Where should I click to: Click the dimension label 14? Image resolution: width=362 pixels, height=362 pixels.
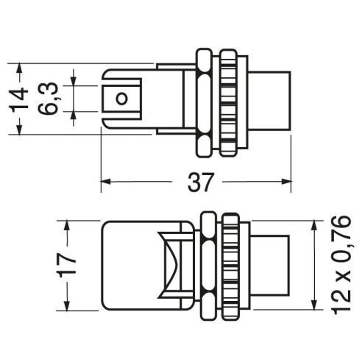coord(20,99)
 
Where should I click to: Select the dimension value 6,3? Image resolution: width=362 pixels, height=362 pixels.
coord(48,99)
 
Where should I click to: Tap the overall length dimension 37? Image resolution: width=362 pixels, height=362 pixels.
coord(200,182)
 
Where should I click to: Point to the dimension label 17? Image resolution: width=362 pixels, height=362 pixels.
coord(65,266)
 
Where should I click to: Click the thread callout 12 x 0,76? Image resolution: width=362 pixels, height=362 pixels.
coord(341,265)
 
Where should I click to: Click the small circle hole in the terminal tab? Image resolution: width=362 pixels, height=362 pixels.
coord(121,99)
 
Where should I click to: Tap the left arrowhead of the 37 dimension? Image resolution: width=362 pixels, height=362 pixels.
coord(106,182)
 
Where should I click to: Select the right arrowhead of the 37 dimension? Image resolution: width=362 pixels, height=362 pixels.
coord(286,182)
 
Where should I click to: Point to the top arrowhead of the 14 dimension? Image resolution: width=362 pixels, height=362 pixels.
coord(19,68)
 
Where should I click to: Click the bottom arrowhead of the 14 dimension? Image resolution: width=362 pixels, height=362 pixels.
coord(19,129)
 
